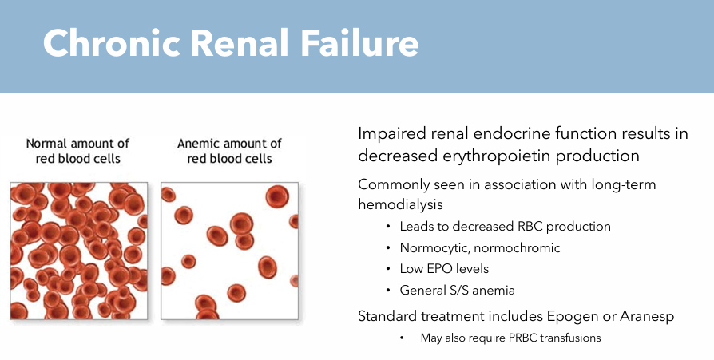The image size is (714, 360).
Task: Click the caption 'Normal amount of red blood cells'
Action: click(x=78, y=151)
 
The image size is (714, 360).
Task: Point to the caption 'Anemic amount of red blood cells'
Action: click(x=229, y=151)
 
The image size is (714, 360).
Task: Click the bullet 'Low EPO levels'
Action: click(x=444, y=269)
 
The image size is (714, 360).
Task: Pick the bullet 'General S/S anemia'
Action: click(x=458, y=290)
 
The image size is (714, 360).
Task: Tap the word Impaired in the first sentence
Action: click(x=391, y=134)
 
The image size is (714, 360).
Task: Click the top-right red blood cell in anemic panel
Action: click(x=277, y=196)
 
